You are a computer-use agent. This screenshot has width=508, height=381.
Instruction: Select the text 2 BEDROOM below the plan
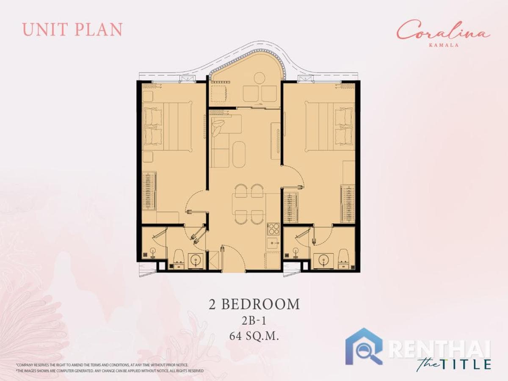[x=254, y=304]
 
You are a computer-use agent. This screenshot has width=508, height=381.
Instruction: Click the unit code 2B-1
[x=254, y=321]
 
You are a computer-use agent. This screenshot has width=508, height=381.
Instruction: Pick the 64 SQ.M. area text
[x=254, y=337]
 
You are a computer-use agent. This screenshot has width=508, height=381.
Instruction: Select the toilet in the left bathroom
[x=178, y=258]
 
